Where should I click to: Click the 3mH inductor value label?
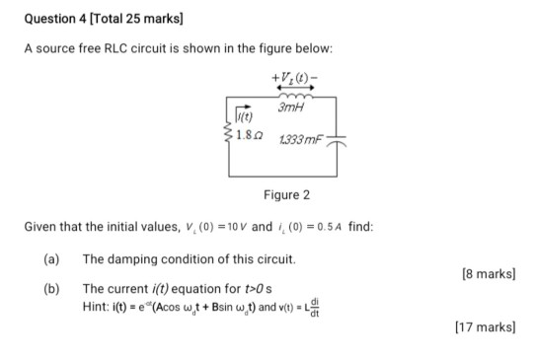coord(290,107)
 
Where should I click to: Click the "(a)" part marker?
coord(51,258)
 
